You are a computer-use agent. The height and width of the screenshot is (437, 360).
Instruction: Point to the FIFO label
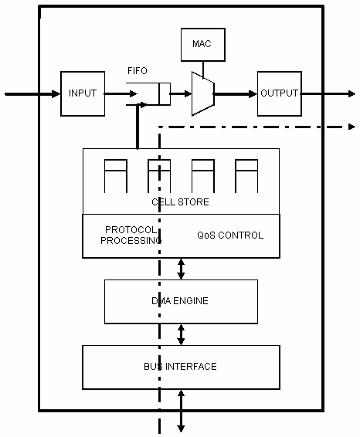pos(138,71)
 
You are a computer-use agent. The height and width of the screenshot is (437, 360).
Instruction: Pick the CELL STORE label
pos(180,202)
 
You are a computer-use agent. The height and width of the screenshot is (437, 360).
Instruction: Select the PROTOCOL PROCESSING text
pos(131,235)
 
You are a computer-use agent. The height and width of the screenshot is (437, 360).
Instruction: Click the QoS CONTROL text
pos(230,235)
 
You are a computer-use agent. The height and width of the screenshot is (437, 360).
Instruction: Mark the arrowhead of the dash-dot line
pos(352,127)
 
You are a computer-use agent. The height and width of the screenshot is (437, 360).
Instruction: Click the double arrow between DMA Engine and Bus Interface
pos(181,335)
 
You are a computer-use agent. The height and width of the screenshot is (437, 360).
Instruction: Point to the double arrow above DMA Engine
pos(181,269)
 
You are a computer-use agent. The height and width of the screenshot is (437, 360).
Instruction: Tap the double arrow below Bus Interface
pos(181,411)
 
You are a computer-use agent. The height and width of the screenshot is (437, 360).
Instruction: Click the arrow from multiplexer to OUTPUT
pos(236,94)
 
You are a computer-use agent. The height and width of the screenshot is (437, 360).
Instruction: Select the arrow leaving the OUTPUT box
pos(328,94)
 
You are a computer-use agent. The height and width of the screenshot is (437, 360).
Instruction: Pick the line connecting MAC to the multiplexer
pos(203,69)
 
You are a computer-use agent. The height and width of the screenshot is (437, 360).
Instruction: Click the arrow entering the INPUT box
pos(33,94)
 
